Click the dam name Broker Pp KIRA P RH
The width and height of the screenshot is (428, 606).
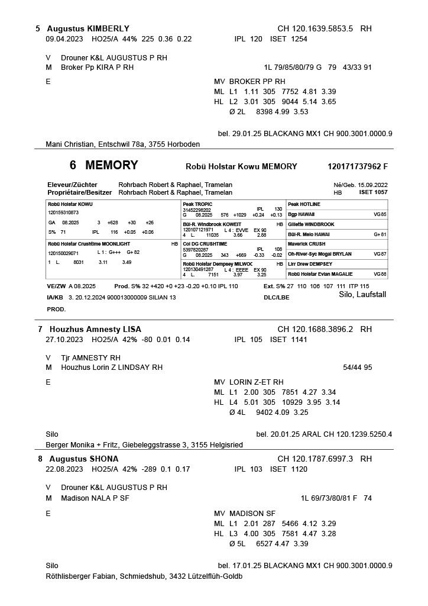point(97,67)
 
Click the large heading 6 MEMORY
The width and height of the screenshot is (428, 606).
point(103,166)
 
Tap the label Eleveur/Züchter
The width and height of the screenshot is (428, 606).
point(72,185)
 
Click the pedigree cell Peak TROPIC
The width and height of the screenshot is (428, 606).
point(197,204)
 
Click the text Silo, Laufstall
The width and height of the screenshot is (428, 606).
point(362,294)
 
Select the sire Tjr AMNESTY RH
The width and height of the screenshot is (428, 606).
point(90,357)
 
